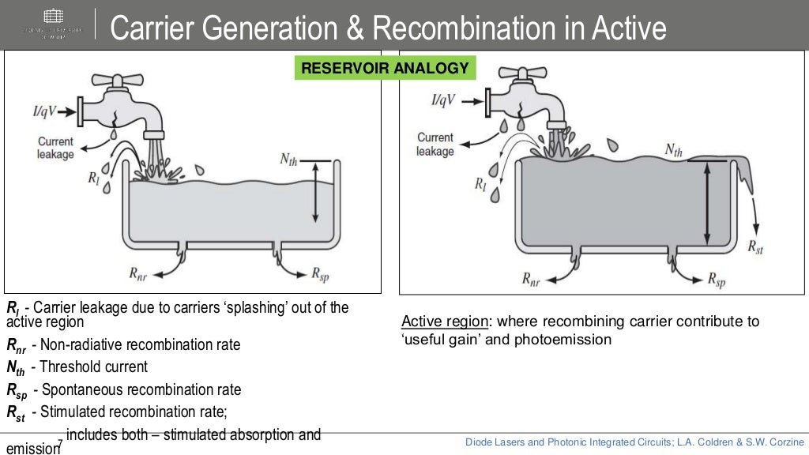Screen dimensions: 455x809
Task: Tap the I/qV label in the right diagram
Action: [443, 100]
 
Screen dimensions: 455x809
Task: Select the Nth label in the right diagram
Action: [673, 150]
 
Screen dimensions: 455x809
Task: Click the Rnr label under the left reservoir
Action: [139, 274]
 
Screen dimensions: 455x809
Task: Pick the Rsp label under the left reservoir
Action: [320, 274]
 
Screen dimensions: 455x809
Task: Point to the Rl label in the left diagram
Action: [94, 179]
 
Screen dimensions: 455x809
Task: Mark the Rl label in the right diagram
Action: [480, 186]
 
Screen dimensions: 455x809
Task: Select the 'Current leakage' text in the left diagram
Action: [55, 148]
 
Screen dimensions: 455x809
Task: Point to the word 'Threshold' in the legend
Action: [67, 367]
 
